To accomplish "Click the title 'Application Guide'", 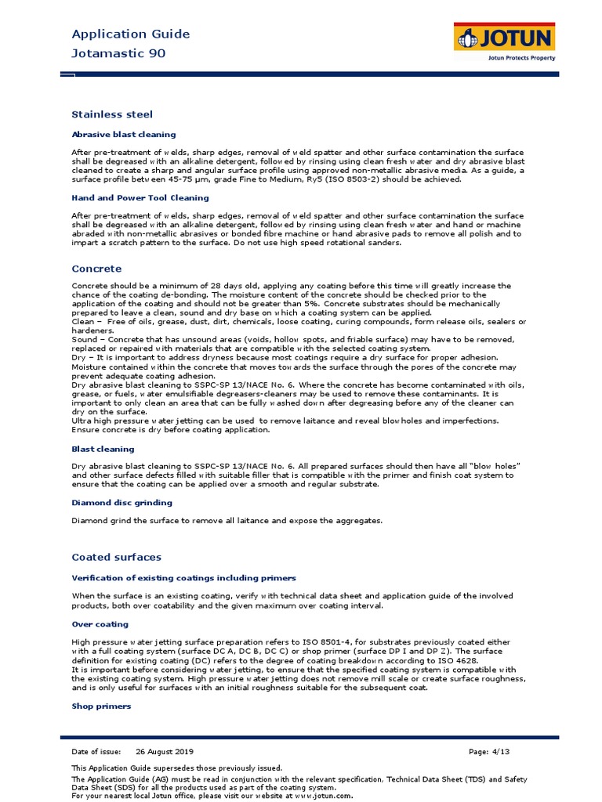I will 131,34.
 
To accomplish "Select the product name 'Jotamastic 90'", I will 118,53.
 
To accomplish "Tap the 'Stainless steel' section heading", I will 112,114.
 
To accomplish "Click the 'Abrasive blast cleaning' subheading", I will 124,135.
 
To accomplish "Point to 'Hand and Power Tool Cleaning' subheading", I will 140,198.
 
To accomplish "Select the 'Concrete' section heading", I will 96,269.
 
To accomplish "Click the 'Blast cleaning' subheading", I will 103,449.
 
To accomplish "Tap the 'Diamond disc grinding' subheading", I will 121,503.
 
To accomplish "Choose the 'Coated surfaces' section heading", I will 116,557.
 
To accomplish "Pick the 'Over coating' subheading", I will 100,624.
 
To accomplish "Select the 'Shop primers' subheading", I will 101,706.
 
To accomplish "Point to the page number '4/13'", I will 499,751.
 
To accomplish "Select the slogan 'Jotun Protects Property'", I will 520,58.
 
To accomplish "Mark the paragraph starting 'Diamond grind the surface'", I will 227,520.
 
